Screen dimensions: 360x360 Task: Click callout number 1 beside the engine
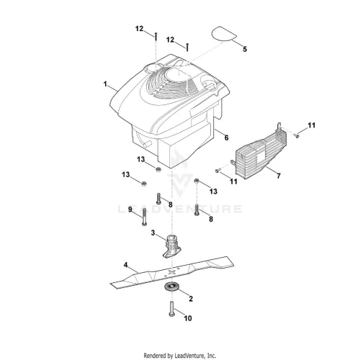coord(105,84)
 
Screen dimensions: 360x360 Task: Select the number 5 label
coord(245,49)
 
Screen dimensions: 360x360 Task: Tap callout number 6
coord(226,138)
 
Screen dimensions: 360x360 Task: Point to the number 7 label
coord(279,176)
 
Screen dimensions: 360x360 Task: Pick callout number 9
coord(130,210)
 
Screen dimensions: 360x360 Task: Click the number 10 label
coord(188,318)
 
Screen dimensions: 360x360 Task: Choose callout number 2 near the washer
coord(191,299)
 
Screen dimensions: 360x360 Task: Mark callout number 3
coord(153,233)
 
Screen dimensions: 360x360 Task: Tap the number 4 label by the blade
coord(125,265)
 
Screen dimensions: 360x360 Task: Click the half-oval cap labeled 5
coord(224,33)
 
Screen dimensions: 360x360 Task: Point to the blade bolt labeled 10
coord(171,309)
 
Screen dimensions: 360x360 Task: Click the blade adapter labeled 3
coord(172,246)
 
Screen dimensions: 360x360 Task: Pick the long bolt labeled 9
coord(144,217)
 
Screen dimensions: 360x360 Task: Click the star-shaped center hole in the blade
coord(171,271)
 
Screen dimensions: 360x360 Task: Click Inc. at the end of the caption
coord(212,355)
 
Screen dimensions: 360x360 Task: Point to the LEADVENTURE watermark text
coord(180,209)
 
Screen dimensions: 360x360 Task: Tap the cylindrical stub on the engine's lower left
coord(147,143)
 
